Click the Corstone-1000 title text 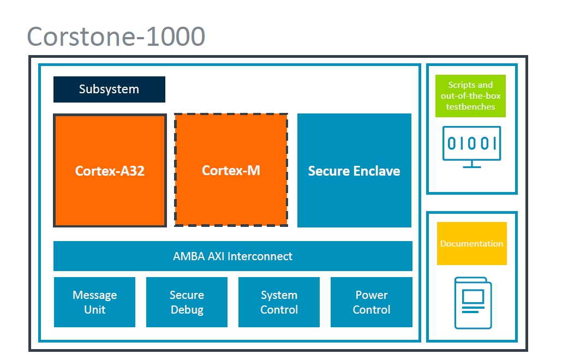(116, 37)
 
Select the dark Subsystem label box (109, 89)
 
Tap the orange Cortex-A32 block (110, 170)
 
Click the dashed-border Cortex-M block (231, 170)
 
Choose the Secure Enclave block (354, 170)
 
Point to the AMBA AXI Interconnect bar (232, 256)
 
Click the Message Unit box (94, 302)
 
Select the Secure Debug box (187, 302)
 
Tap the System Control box (279, 302)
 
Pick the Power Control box (372, 302)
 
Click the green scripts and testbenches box (470, 96)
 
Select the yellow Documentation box (471, 243)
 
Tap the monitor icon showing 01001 (472, 144)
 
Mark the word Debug (187, 310)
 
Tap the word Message (94, 295)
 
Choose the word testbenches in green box (470, 107)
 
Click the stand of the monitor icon (472, 164)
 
